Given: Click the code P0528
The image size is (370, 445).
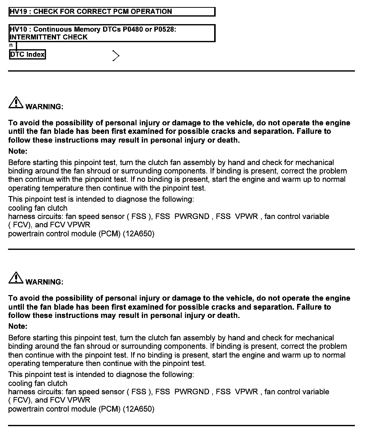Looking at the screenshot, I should (165, 29).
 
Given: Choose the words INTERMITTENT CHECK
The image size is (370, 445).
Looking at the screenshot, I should (49, 37).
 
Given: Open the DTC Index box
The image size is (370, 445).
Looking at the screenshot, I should (27, 54).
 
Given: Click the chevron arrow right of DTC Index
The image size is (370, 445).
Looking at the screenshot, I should (116, 56).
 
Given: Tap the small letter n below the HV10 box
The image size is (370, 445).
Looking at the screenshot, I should (11, 45).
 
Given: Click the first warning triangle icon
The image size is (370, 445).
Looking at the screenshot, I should (16, 103).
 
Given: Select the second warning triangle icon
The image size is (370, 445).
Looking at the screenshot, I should (16, 278).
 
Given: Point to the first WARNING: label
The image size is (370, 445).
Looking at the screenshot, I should (44, 107).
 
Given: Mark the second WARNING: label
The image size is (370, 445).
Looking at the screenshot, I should (44, 282).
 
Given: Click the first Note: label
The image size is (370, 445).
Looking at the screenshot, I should (18, 151).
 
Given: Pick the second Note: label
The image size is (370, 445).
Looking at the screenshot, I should (18, 326).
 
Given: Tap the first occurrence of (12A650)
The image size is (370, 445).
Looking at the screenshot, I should (138, 234).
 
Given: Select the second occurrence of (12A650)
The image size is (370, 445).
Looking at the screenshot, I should (138, 409).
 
